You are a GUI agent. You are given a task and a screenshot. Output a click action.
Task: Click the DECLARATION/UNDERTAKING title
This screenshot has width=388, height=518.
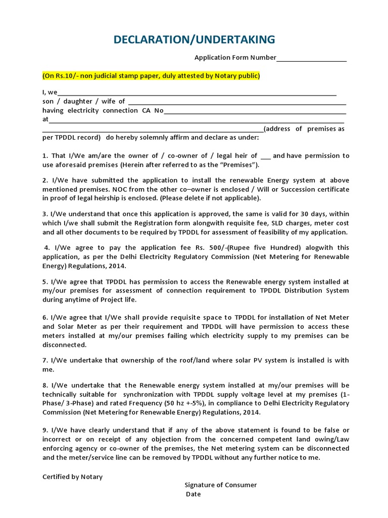point(195,39)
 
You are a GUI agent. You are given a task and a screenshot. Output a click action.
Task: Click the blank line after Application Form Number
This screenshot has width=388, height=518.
point(311,58)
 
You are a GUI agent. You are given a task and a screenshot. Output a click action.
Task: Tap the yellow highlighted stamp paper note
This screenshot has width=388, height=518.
point(151,76)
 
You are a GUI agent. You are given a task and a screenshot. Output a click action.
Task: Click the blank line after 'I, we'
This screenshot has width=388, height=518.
point(197,93)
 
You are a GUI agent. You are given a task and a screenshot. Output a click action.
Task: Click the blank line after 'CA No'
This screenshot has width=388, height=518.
point(255,111)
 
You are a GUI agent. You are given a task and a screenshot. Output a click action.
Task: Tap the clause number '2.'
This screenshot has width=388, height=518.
point(45,181)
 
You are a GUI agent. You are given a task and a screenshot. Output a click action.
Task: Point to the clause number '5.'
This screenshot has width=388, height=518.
point(45,282)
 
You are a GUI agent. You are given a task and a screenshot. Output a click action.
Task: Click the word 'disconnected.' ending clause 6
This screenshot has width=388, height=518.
point(65,345)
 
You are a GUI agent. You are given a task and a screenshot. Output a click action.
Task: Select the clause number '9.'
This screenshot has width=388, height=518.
point(45,430)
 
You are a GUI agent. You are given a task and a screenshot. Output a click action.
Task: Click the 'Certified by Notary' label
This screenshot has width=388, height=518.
point(72,477)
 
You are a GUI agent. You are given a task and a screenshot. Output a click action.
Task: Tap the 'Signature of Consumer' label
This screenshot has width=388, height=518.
point(220,485)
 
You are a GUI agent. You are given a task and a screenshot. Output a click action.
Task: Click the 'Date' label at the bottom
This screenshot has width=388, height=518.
point(193,494)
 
